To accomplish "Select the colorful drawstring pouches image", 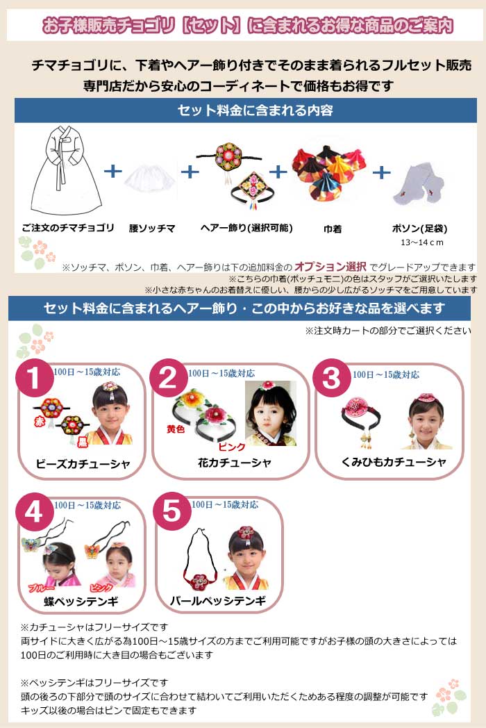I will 322,174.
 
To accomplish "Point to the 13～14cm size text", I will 421,242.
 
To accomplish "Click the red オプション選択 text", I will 330,266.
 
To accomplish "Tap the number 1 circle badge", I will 35,379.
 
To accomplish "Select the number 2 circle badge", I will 169,379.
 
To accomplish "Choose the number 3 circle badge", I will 333,379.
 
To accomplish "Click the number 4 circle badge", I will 35,512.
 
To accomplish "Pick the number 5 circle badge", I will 171,512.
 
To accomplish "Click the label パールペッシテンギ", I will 218,600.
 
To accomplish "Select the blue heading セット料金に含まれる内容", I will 245,110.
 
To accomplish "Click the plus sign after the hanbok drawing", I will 112,171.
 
